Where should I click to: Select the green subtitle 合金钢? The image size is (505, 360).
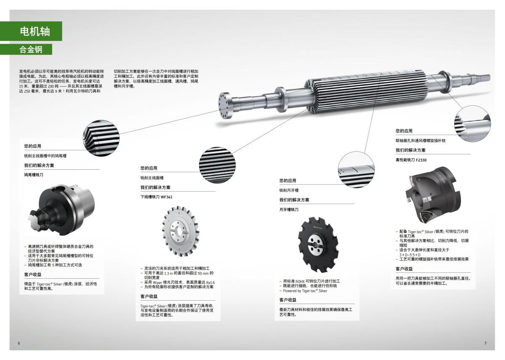click(31, 49)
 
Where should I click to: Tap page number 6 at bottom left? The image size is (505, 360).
click(19, 343)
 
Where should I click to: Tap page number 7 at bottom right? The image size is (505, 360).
click(485, 343)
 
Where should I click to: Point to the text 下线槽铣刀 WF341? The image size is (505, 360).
click(156, 197)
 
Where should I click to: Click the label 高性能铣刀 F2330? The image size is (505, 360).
click(411, 160)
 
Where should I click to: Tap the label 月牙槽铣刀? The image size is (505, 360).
click(289, 209)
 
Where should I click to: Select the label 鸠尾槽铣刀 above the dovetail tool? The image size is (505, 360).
click(33, 174)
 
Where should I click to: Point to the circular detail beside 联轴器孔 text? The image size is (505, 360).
click(472, 123)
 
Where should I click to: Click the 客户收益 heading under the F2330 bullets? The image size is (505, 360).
click(404, 269)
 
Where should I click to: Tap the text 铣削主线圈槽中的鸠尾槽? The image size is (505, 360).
click(45, 156)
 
